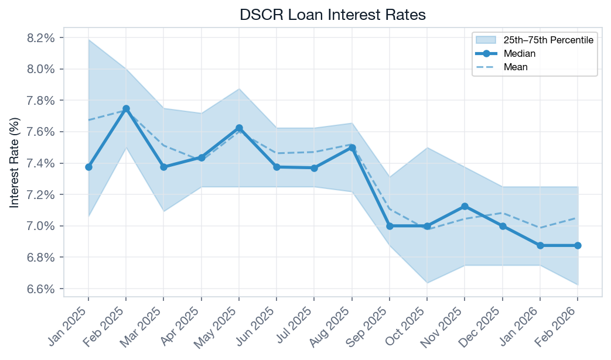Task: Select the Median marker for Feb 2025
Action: tap(126, 109)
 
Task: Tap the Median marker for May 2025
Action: tap(239, 128)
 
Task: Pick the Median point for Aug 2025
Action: tap(351, 148)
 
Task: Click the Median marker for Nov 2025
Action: tap(465, 206)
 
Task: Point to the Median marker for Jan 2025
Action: tap(88, 167)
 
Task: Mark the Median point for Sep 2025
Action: tap(390, 226)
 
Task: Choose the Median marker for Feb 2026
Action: tap(578, 245)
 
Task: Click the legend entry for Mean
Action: tap(516, 67)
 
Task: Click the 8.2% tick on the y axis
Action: tap(42, 38)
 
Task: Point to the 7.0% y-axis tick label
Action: tap(42, 226)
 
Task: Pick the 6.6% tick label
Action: tap(42, 289)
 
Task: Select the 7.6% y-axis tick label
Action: tap(42, 132)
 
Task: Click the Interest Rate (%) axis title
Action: tap(15, 163)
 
